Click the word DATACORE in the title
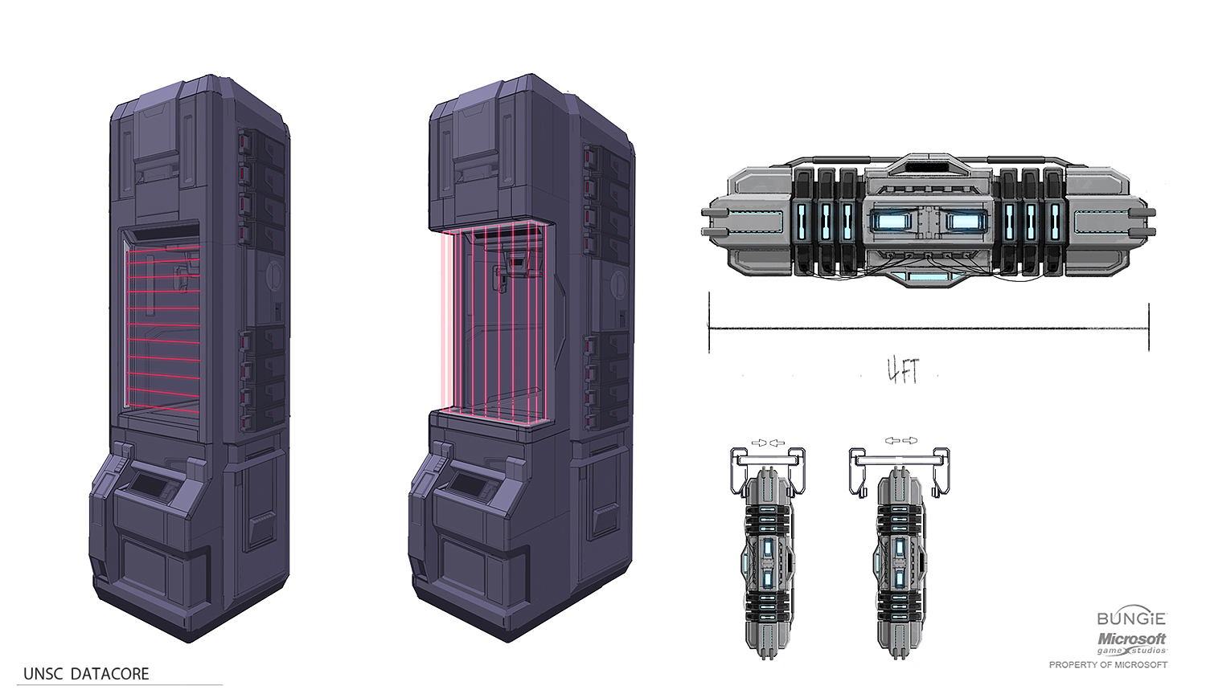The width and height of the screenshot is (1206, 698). tap(109, 674)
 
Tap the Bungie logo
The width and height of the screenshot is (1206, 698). tap(1131, 618)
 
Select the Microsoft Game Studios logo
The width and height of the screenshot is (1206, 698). tap(1132, 643)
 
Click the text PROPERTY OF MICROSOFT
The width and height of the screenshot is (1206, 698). tap(1108, 665)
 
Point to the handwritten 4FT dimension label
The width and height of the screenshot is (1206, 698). tap(902, 370)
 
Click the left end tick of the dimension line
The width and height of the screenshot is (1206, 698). tap(709, 323)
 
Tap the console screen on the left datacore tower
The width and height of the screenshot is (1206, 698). tap(149, 484)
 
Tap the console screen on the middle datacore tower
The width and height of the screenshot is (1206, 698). tap(468, 484)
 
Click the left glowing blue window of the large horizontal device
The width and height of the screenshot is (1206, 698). tap(893, 221)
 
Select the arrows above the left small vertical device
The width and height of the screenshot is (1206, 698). tap(764, 443)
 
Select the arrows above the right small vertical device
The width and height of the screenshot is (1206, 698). tap(900, 441)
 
